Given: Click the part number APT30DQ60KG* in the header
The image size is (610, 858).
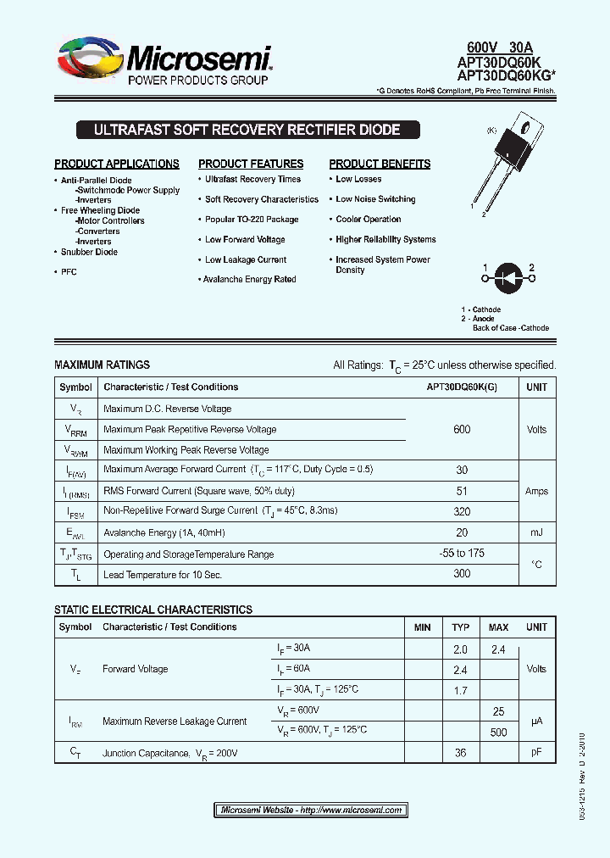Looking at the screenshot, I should tap(506, 75).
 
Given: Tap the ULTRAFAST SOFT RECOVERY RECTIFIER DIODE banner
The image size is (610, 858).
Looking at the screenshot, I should tap(247, 131).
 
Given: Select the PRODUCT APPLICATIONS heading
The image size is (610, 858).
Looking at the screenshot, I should tap(117, 164).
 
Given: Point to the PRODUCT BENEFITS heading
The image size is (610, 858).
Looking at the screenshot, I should tap(380, 164).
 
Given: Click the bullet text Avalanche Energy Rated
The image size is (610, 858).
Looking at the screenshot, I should tap(250, 279).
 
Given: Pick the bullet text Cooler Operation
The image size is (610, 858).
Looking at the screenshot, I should tap(368, 219).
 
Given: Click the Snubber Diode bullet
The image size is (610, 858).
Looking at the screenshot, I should tap(89, 252).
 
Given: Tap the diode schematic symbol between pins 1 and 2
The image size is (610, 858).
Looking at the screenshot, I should tap(509, 276).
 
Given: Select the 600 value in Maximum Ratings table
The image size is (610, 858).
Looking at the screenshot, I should tap(462, 429).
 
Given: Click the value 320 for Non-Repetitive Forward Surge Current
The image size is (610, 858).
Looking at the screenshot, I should tap(462, 511).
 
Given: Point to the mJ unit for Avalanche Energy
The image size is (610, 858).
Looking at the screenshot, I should tap(536, 532).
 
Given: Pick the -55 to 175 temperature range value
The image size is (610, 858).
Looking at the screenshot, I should tap(462, 554).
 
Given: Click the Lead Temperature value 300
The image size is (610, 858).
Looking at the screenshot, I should tap(462, 574).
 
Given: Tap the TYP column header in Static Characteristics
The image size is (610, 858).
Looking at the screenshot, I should tap(461, 627).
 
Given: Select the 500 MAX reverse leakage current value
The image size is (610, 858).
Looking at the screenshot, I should tap(498, 732).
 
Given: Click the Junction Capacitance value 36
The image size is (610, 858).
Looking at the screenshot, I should tap(461, 752).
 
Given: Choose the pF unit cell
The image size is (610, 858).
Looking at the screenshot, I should tap(536, 752).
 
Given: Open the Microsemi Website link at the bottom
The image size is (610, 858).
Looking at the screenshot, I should tap(311, 810).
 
